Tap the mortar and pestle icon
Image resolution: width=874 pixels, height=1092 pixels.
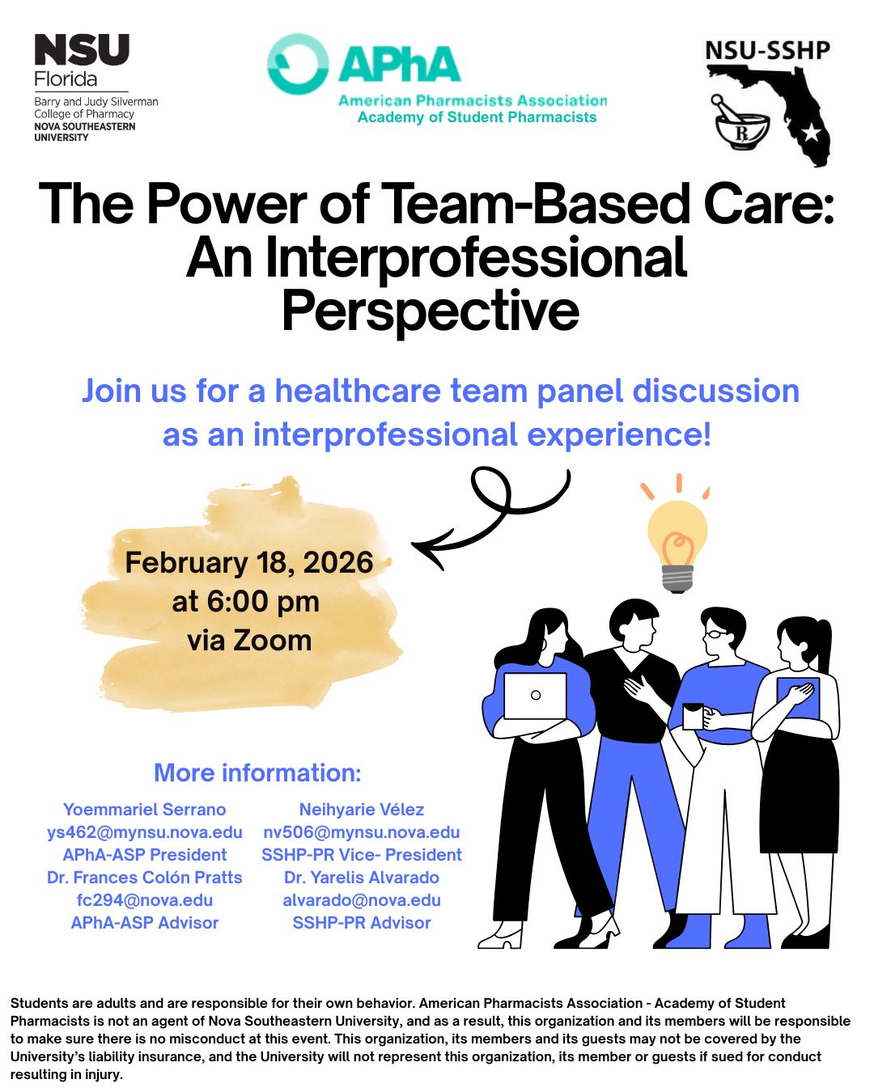pyautogui.click(x=740, y=122)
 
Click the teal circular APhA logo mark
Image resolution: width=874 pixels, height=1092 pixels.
pyautogui.click(x=298, y=64)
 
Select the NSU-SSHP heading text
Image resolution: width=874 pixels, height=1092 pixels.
pyautogui.click(x=767, y=50)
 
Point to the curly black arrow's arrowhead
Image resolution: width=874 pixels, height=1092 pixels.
pyautogui.click(x=429, y=548)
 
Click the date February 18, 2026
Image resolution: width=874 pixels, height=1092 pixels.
pyautogui.click(x=248, y=562)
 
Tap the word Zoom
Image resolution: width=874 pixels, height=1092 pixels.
pyautogui.click(x=272, y=641)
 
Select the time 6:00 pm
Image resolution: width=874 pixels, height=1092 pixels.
pyautogui.click(x=262, y=602)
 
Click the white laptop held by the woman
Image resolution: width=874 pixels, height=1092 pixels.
pyautogui.click(x=535, y=696)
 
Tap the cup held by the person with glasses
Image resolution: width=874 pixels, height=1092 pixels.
pyautogui.click(x=693, y=717)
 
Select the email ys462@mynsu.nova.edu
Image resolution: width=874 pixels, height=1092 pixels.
pyautogui.click(x=145, y=832)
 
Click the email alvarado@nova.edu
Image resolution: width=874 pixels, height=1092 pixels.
pyautogui.click(x=362, y=900)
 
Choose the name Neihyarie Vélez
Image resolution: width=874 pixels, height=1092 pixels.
pyautogui.click(x=362, y=810)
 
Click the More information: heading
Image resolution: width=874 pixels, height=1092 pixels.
pyautogui.click(x=257, y=772)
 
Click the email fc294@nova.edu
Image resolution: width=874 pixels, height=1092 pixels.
pyautogui.click(x=145, y=900)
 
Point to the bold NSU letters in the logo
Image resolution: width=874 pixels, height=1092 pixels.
pyautogui.click(x=82, y=49)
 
